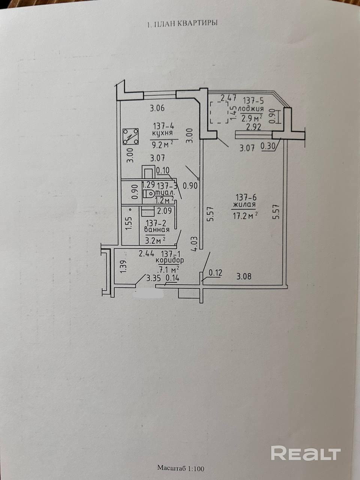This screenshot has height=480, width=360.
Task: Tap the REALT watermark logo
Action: tap(306, 453)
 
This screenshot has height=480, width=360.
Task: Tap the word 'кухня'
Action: tap(162, 133)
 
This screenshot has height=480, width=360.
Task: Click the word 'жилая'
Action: tap(244, 205)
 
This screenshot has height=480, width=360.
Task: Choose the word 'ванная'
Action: tap(157, 230)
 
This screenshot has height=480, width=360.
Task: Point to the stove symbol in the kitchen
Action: tap(130, 136)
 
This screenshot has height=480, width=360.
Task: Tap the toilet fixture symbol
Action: tap(147, 194)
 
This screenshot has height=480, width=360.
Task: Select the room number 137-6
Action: tap(246, 196)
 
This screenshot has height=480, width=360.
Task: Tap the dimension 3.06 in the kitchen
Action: tap(157, 109)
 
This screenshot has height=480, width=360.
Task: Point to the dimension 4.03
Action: tap(194, 244)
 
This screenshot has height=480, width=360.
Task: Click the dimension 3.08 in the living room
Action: tap(244, 277)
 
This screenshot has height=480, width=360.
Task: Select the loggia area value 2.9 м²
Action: tap(252, 118)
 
